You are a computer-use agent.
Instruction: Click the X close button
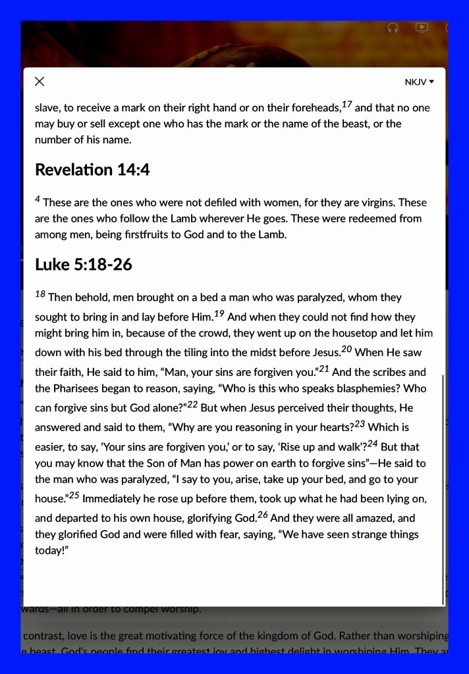40,82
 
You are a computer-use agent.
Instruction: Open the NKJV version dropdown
420,82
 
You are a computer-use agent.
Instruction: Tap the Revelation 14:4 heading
92,170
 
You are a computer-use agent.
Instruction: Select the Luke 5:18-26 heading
84,265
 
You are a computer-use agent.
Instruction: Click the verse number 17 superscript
347,104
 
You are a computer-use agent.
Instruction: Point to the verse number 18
40,294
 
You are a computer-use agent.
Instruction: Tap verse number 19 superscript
220,313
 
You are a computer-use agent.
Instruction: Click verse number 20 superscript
347,348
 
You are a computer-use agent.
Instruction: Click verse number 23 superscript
360,424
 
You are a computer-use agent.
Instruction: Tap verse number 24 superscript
372,444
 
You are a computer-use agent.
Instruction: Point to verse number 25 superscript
74,496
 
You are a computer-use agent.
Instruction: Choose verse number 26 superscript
263,515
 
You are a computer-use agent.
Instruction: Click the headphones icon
393,28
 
